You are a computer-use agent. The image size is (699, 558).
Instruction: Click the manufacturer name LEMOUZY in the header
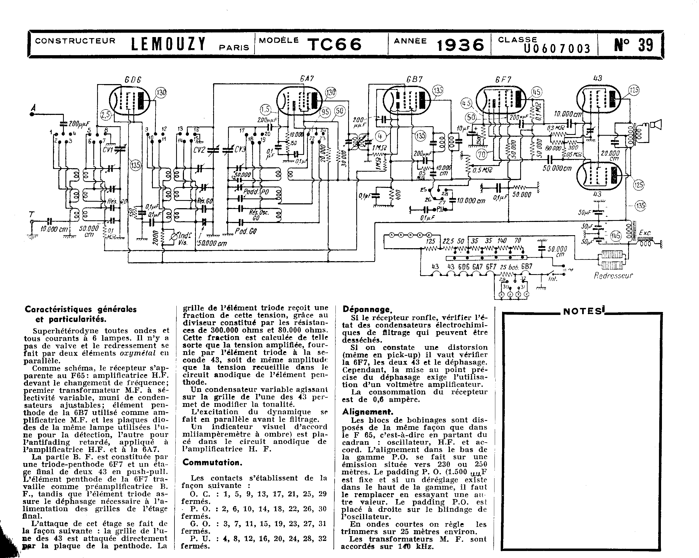point(168,44)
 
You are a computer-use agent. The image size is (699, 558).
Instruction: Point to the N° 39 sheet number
point(633,45)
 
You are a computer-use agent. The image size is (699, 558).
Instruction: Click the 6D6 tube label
point(133,79)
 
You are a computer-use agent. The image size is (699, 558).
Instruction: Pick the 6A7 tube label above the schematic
point(306,78)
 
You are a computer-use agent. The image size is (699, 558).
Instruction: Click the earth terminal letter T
point(31,214)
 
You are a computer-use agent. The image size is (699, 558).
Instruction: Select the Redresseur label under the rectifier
point(613,276)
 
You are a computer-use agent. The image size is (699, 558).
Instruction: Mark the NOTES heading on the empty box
point(582,311)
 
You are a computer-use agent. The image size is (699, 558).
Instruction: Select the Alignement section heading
point(368,412)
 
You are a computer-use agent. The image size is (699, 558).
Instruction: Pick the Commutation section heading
point(212,462)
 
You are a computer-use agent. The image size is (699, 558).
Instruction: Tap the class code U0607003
point(557,49)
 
